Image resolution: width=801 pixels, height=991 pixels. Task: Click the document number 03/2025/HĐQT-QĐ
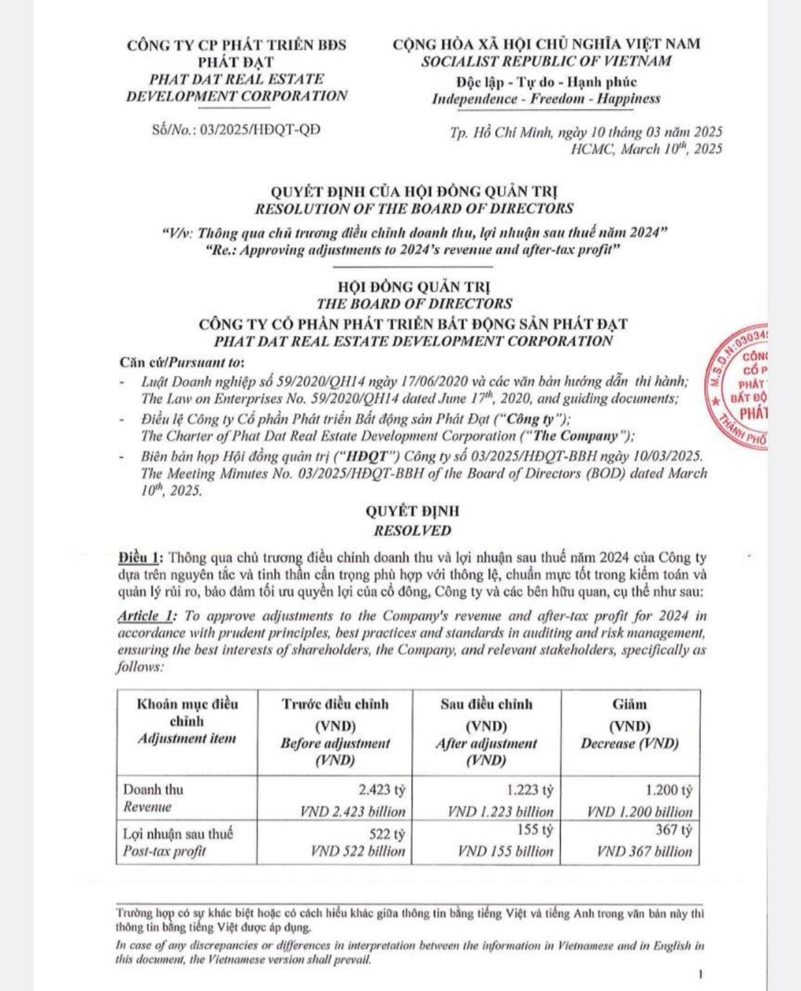[260, 130]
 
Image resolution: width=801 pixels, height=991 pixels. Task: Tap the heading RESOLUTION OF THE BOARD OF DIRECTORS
[414, 209]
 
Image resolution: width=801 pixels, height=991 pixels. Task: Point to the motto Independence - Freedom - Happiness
[546, 99]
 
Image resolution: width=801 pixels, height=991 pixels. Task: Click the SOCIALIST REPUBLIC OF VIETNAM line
[546, 61]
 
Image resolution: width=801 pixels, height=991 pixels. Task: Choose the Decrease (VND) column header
[630, 743]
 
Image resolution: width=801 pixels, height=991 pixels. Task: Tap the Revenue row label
[147, 807]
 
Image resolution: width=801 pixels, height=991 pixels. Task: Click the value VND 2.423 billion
[353, 812]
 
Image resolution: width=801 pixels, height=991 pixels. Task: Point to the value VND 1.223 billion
[500, 812]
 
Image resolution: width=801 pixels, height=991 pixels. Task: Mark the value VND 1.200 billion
[640, 812]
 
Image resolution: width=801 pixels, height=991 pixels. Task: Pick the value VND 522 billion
[358, 851]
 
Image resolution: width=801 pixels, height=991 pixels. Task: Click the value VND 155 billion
[505, 851]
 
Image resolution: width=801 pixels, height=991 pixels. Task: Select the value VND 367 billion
[645, 851]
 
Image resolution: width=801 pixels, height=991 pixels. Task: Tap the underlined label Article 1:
[147, 616]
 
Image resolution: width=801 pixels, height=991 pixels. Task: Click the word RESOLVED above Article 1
[412, 531]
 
